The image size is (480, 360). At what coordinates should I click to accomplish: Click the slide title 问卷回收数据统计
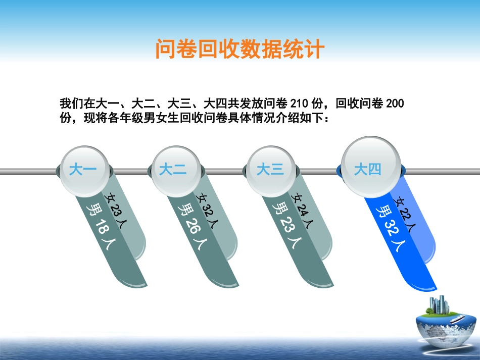tap(239, 50)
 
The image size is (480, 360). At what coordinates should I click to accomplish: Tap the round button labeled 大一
tap(82, 170)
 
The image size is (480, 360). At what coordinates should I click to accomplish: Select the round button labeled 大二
tap(173, 170)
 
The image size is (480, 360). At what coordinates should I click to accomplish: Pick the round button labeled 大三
tap(270, 170)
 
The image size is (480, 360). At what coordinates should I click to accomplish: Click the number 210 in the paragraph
tap(299, 105)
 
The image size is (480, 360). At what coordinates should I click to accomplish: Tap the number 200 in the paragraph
tap(395, 105)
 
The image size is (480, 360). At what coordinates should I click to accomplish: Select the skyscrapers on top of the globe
tap(438, 305)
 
